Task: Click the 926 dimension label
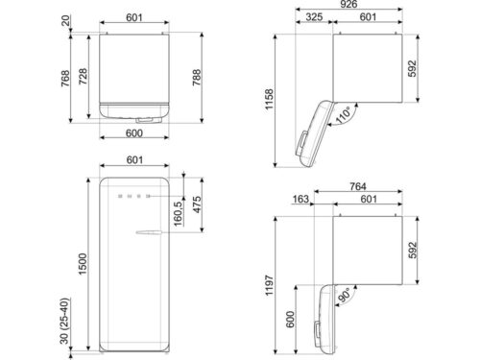click(348, 4)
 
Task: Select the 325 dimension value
click(314, 16)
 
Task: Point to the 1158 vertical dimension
click(269, 99)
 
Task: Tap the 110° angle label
click(343, 115)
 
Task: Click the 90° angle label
click(345, 295)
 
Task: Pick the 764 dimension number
click(357, 186)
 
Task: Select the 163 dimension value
click(300, 199)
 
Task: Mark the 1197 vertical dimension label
click(269, 285)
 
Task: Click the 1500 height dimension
click(83, 264)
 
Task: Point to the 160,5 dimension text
click(179, 213)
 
